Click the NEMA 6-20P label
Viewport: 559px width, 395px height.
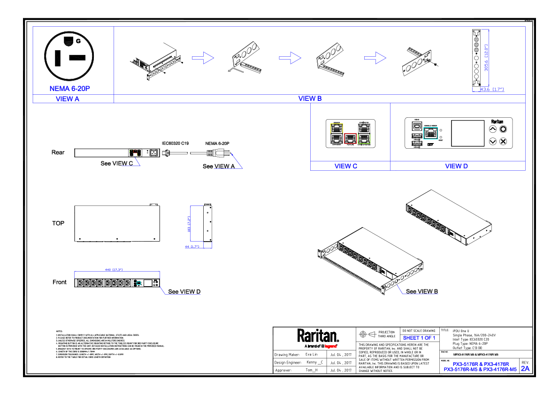pyautogui.click(x=69, y=89)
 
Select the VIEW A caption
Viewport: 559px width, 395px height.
pyautogui.click(x=68, y=99)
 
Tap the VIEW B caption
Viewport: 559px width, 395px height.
pyautogui.click(x=310, y=99)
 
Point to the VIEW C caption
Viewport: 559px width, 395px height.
pyautogui.click(x=346, y=166)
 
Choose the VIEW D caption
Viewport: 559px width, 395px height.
pyautogui.click(x=456, y=166)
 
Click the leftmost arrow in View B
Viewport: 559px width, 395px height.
pyautogui.click(x=203, y=58)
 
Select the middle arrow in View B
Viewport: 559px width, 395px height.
pyautogui.click(x=290, y=58)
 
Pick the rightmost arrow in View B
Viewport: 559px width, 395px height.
pyautogui.click(x=375, y=58)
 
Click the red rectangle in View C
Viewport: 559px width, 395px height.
pyautogui.click(x=350, y=138)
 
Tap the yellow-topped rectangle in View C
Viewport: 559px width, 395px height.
pyautogui.click(x=337, y=133)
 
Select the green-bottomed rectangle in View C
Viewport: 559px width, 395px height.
pyautogui.click(x=364, y=133)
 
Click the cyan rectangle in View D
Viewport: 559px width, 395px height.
pyautogui.click(x=430, y=133)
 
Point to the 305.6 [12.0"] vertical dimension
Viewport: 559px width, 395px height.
pyautogui.click(x=486, y=58)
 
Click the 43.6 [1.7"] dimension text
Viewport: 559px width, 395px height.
pyautogui.click(x=491, y=89)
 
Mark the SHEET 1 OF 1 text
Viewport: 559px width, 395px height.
pyautogui.click(x=419, y=338)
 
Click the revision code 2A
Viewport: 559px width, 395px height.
pyautogui.click(x=525, y=369)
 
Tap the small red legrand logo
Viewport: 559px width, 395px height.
pyautogui.click(x=330, y=346)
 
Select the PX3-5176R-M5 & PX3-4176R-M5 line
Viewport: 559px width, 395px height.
pyautogui.click(x=480, y=370)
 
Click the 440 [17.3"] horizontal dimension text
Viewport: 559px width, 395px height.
pyautogui.click(x=114, y=270)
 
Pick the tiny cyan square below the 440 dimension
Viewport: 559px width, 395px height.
pyautogui.click(x=138, y=283)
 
